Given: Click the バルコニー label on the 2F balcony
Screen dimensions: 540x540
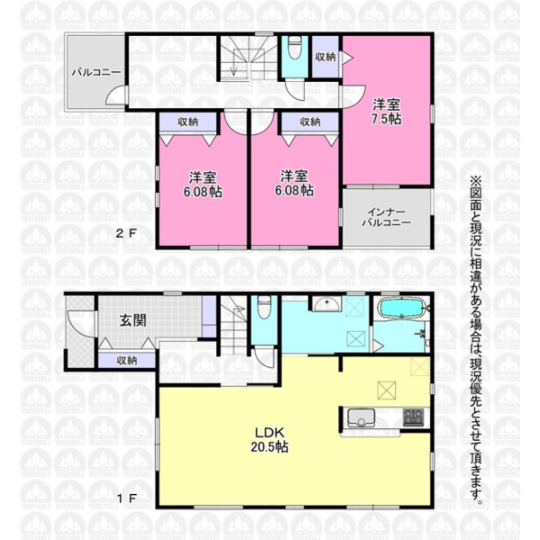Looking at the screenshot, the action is [x=96, y=73].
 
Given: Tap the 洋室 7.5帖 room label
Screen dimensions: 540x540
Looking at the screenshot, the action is [x=386, y=112].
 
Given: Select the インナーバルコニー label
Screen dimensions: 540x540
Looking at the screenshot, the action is [x=386, y=217].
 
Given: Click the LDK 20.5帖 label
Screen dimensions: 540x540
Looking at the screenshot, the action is [x=269, y=439].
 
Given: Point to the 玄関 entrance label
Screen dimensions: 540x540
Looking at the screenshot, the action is [x=133, y=320].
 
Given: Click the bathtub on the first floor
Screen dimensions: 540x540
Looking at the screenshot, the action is [x=401, y=307].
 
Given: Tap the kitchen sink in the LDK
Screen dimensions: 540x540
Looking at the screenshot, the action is [x=361, y=417].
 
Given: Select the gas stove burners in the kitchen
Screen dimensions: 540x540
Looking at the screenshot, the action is [x=413, y=417].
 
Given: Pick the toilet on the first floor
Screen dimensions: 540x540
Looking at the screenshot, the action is [x=264, y=308].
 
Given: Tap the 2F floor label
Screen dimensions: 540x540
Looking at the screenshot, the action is [x=126, y=234].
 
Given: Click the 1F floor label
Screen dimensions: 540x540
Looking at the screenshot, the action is [x=127, y=499].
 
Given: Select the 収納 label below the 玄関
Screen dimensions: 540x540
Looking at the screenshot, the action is [x=127, y=361].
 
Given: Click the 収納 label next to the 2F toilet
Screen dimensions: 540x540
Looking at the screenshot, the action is [x=326, y=58].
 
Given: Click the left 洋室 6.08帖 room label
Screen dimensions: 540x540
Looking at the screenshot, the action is [x=202, y=184].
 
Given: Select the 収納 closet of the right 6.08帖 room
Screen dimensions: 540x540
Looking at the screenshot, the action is [x=310, y=121].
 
